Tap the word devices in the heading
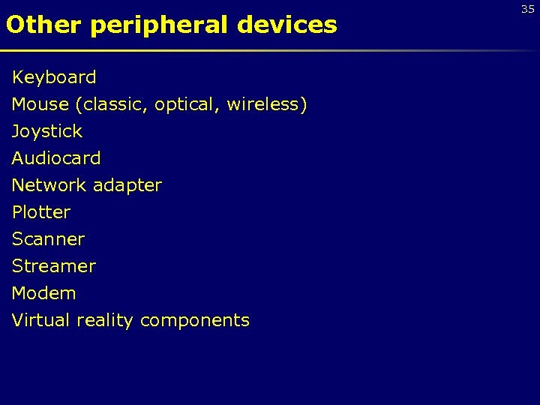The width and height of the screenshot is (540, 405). tap(287, 25)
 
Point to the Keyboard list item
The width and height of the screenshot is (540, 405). tap(54, 77)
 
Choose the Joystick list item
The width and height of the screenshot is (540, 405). tap(46, 132)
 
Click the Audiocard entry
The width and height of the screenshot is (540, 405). tap(56, 158)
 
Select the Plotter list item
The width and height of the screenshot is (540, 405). tap(40, 212)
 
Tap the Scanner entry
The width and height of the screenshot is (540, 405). tap(48, 239)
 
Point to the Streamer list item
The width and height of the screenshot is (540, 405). tap(54, 266)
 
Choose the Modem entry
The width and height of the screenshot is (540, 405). tap(43, 293)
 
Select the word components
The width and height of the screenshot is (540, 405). tap(195, 321)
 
